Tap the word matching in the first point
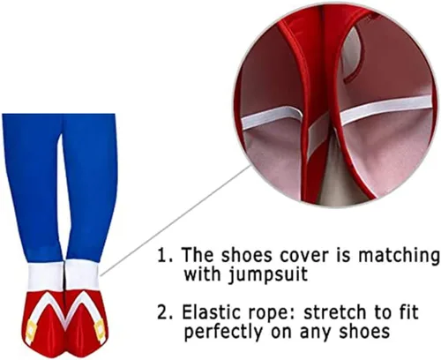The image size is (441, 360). coord(399,255)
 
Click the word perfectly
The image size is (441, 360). coord(224,332)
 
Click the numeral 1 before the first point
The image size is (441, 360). coord(163,255)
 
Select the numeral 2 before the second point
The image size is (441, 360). coord(164,312)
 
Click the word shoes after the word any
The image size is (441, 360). coord(365,331)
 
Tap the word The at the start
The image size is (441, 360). coord(197,254)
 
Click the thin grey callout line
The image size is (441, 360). coord(176,221)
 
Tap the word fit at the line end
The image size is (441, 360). coord(407,311)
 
